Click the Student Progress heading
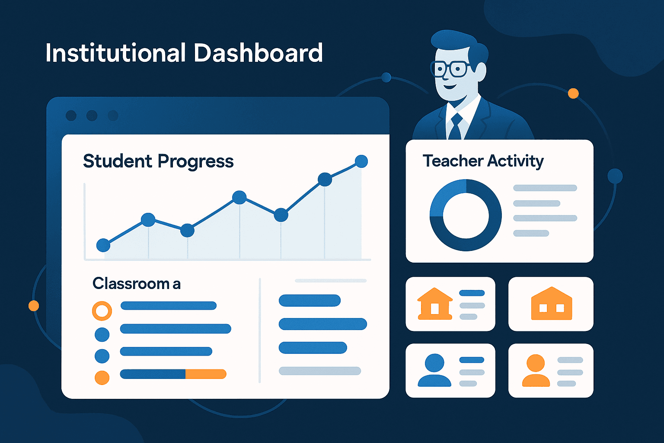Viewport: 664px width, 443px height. (x=158, y=161)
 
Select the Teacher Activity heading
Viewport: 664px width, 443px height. (x=483, y=161)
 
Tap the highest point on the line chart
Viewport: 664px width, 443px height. (x=361, y=161)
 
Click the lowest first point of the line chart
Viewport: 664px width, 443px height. (x=103, y=245)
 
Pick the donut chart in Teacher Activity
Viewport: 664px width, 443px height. (x=466, y=215)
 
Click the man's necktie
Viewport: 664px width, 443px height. (x=455, y=127)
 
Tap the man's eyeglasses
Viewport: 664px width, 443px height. (x=451, y=69)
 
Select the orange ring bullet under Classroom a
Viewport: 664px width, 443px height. (x=102, y=311)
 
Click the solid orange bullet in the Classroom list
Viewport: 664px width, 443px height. (x=102, y=378)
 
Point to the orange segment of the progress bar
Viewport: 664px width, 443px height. (x=206, y=374)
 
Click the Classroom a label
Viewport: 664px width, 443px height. (x=136, y=284)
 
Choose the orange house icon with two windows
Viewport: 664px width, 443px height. (x=551, y=304)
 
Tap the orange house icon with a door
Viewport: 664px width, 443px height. (x=434, y=304)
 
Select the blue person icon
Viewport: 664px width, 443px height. (x=434, y=370)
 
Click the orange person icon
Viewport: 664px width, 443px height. (x=536, y=370)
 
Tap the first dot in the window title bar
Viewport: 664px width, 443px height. (x=71, y=116)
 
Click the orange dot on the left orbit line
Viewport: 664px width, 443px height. (x=34, y=306)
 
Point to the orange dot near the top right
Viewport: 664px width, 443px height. (x=573, y=93)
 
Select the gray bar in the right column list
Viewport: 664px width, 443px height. (x=320, y=371)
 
